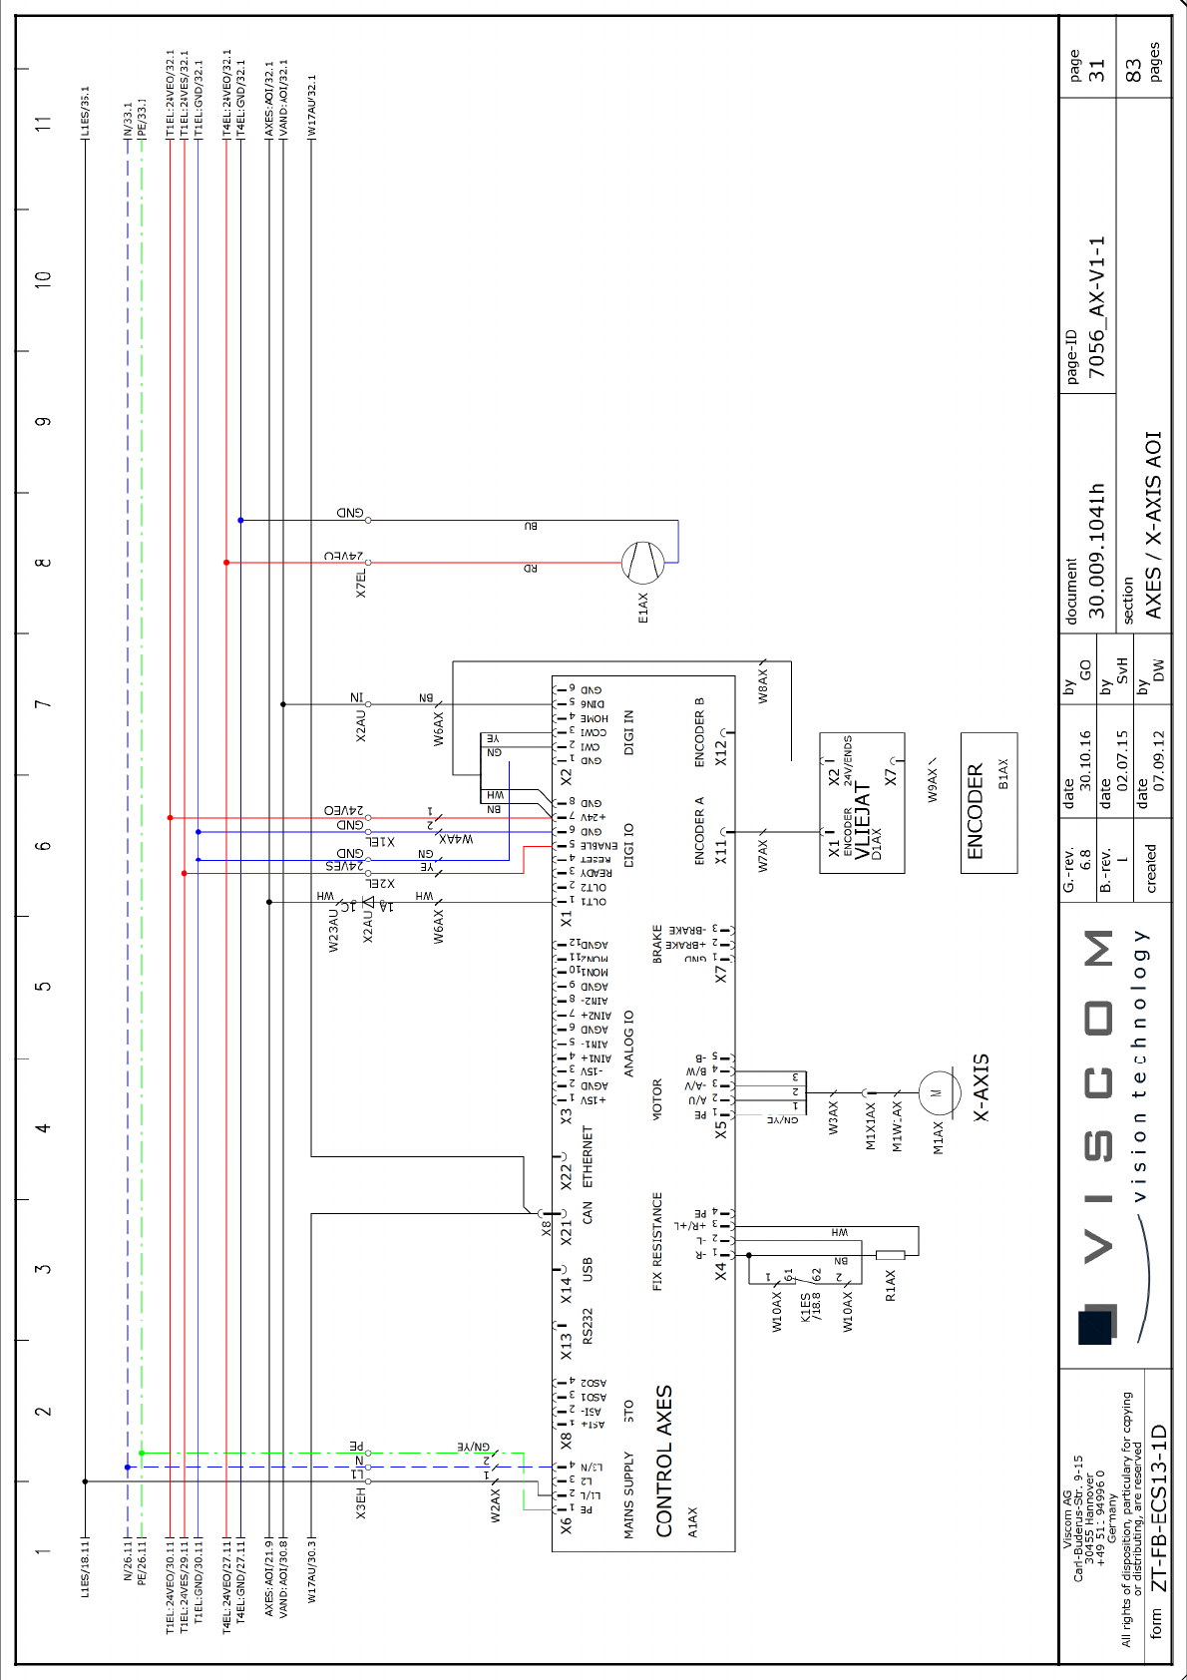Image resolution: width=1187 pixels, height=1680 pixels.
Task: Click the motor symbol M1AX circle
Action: pyautogui.click(x=937, y=1092)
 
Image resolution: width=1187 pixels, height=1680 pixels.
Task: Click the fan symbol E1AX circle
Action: pyautogui.click(x=642, y=563)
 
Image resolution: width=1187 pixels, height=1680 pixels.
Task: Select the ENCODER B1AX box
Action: pyautogui.click(x=989, y=803)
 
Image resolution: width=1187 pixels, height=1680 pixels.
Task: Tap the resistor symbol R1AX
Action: pyautogui.click(x=890, y=1255)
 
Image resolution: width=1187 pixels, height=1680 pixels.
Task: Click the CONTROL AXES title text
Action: pyautogui.click(x=664, y=1461)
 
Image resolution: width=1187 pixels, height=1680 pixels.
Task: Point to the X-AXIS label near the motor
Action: pyautogui.click(x=982, y=1087)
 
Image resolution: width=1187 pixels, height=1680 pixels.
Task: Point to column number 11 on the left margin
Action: pyautogui.click(x=43, y=124)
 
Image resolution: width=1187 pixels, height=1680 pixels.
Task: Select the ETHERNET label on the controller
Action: pyautogui.click(x=588, y=1157)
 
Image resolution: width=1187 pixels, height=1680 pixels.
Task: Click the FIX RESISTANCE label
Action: pyautogui.click(x=657, y=1241)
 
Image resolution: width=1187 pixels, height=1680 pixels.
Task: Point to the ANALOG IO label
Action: pyautogui.click(x=628, y=1044)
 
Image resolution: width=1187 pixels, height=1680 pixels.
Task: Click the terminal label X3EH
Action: pyautogui.click(x=361, y=1502)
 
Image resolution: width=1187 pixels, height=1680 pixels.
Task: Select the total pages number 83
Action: pyautogui.click(x=1133, y=70)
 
